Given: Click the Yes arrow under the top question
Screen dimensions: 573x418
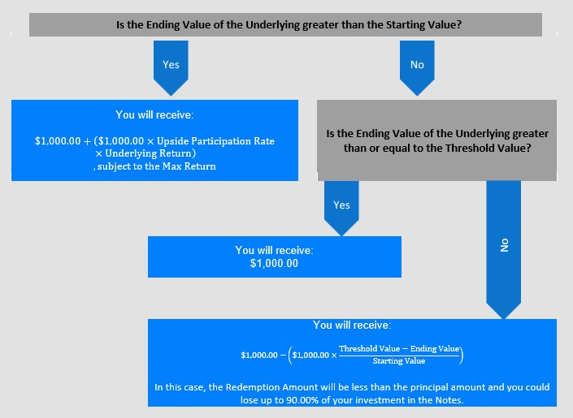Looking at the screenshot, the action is [x=171, y=68].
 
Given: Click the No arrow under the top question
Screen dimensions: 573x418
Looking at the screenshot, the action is [x=417, y=68].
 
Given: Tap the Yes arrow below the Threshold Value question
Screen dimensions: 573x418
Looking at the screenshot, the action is [x=341, y=209].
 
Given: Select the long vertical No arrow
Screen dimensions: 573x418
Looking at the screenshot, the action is [x=504, y=250].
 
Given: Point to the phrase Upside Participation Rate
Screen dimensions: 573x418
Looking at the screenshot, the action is [x=215, y=141].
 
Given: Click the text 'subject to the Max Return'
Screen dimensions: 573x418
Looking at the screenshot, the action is [x=156, y=166].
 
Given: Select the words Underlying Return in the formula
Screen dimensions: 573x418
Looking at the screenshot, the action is [x=149, y=153].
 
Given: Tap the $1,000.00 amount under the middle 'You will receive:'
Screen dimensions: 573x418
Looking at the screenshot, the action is [x=274, y=263].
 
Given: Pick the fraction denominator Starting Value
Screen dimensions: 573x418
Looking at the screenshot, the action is [x=399, y=361].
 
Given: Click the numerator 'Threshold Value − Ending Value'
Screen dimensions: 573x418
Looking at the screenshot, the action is [x=399, y=349].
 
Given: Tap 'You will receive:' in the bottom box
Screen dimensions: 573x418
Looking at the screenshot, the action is [x=352, y=325].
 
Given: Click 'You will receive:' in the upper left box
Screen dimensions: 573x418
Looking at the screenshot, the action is [x=154, y=114].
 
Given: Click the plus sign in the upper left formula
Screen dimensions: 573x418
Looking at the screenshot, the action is [x=87, y=142].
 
